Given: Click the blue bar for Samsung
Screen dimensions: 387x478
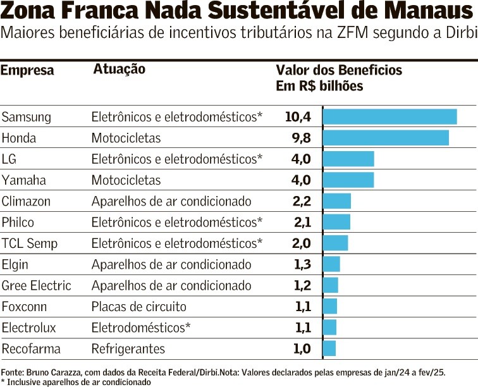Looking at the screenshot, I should pos(389,116).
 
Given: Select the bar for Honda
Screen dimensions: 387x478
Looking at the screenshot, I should pos(386,138).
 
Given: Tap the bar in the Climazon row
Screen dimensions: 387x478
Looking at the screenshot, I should pos(337,201).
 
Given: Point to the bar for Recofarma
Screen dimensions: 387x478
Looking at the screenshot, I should pos(329,348).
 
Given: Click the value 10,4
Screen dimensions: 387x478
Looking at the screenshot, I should pos(298,116).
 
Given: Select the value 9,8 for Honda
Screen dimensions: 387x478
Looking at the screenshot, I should pos(300,138).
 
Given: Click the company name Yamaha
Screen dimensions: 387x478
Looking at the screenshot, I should pos(24,180).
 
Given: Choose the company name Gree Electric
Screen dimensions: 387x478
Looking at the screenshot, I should pos(37,285).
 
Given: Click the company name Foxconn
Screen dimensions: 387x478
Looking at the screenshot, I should pos(25,307).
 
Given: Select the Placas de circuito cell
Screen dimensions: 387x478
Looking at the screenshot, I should pos(139,307).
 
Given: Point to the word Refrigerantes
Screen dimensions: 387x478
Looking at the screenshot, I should pos(128,348).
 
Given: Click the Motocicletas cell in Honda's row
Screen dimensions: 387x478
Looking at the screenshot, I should pos(126,138).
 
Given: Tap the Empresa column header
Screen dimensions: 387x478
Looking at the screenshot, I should pos(27,70).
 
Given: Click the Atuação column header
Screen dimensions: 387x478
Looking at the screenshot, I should pos(120,69).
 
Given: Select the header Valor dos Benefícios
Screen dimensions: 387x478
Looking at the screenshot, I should pos(339,70).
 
